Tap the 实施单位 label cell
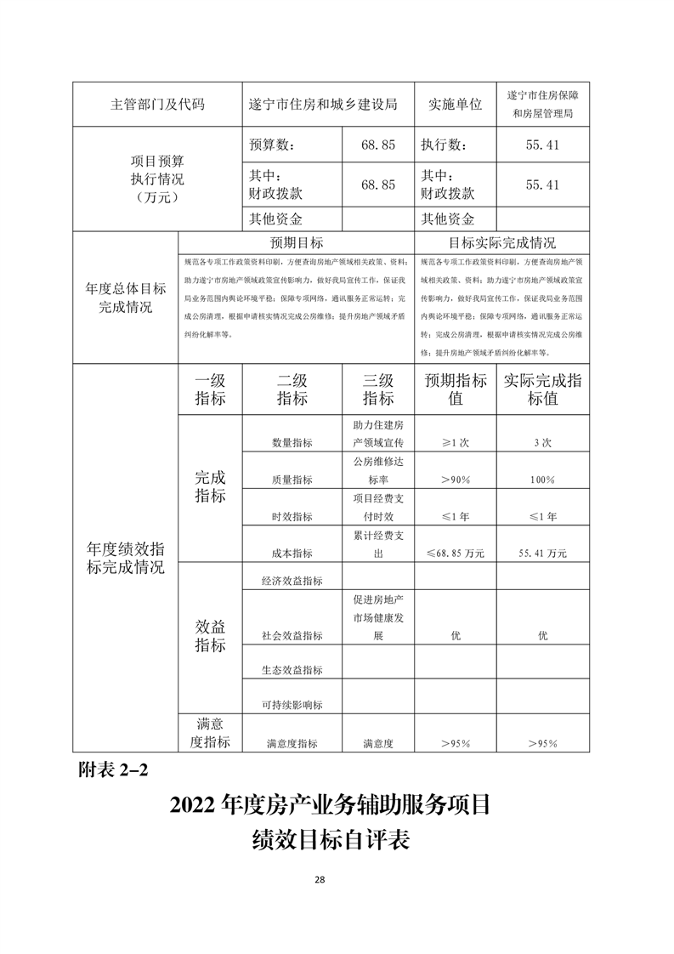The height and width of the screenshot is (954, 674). [x=455, y=105]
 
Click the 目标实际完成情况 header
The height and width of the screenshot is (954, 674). [x=501, y=242]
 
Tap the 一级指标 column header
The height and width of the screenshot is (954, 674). [x=210, y=389]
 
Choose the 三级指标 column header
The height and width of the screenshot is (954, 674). [x=377, y=389]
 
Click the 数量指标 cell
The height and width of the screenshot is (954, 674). [x=292, y=443]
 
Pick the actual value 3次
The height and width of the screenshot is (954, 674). [x=543, y=443]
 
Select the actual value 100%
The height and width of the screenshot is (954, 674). [x=543, y=480]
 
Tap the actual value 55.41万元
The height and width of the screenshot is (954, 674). [x=543, y=553]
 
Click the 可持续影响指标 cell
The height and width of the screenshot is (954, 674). [x=292, y=705]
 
